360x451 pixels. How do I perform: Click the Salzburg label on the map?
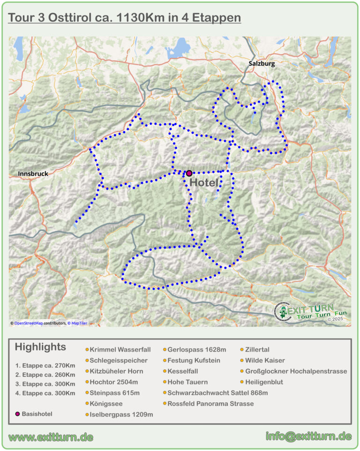(262, 64)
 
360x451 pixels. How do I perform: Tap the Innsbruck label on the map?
(33, 173)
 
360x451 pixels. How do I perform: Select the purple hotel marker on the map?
(189, 173)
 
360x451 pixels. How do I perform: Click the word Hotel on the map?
(204, 183)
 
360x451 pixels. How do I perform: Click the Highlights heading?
(40, 347)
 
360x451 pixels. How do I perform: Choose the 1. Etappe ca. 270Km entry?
(45, 366)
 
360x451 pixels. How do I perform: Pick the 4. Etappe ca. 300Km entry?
(45, 393)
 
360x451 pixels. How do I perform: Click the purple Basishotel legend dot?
(18, 414)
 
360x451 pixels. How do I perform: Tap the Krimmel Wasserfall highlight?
(120, 350)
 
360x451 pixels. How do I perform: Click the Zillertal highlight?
(257, 350)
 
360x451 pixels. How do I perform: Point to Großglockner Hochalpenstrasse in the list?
(296, 371)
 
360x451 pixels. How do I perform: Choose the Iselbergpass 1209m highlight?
(121, 414)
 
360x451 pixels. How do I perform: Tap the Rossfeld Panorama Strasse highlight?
(210, 404)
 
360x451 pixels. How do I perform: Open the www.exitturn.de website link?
(51, 437)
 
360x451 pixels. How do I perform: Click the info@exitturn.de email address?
(308, 436)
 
